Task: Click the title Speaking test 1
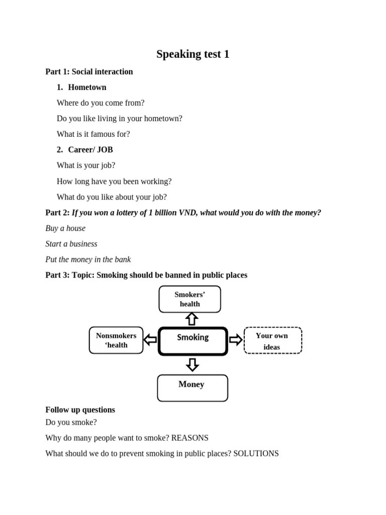point(192,54)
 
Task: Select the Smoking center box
point(193,341)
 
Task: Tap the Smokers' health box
point(189,299)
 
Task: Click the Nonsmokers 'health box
point(116,340)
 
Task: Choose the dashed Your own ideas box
point(272,341)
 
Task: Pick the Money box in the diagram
point(192,388)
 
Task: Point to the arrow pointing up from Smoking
point(191,319)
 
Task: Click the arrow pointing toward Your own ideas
point(235,340)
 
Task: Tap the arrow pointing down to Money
point(192,365)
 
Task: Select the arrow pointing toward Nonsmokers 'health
point(150,340)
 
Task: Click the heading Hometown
point(87,88)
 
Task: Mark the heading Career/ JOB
point(90,150)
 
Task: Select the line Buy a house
point(65,228)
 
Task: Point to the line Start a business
point(71,244)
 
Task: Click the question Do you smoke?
point(71,422)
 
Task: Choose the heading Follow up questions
point(80,410)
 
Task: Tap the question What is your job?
point(86,165)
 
